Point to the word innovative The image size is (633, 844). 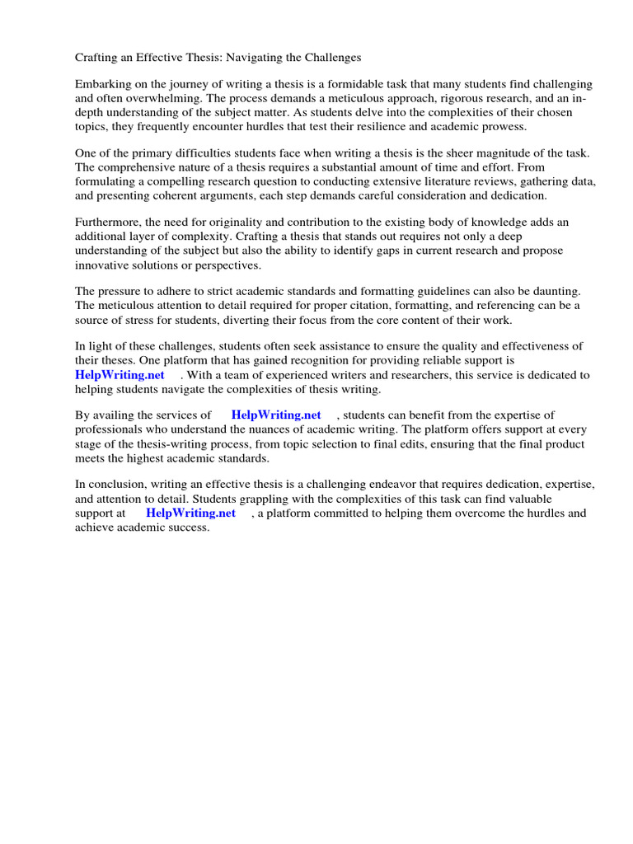(x=106, y=265)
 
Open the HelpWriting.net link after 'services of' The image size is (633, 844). (x=276, y=415)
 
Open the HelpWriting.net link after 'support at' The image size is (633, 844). (x=191, y=513)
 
